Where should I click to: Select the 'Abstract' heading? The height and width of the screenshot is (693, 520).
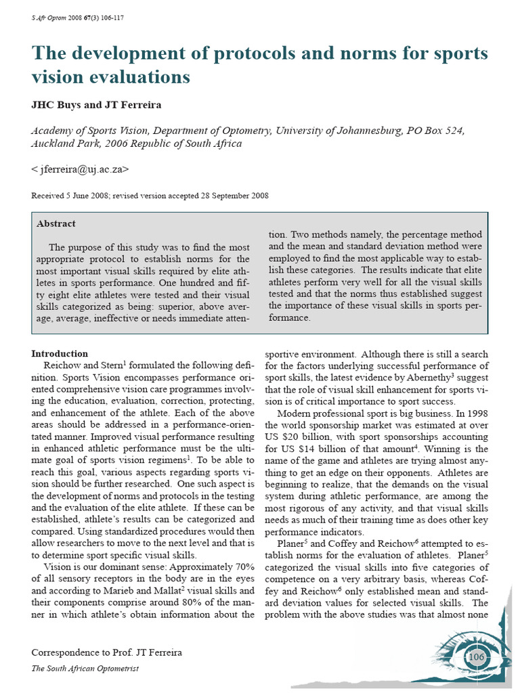pyautogui.click(x=57, y=224)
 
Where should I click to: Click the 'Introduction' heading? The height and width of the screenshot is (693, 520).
pyautogui.click(x=60, y=354)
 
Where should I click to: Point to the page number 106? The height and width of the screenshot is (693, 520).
pyautogui.click(x=477, y=657)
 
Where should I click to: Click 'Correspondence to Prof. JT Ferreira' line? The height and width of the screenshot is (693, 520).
pyautogui.click(x=106, y=652)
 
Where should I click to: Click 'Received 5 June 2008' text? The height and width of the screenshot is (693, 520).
pyautogui.click(x=74, y=196)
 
